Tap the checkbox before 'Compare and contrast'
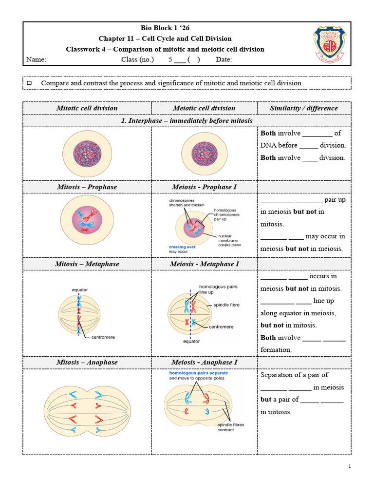29,83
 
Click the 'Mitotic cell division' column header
87,108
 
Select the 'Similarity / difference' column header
304,108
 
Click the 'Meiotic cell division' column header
204,108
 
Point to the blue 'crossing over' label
182,247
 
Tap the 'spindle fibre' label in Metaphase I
226,305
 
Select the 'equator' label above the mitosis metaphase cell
80,289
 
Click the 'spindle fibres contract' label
231,427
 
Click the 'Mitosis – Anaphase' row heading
87,363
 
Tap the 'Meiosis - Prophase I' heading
204,187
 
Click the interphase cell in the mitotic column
87,154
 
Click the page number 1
349,466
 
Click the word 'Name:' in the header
36,59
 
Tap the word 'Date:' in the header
224,59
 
